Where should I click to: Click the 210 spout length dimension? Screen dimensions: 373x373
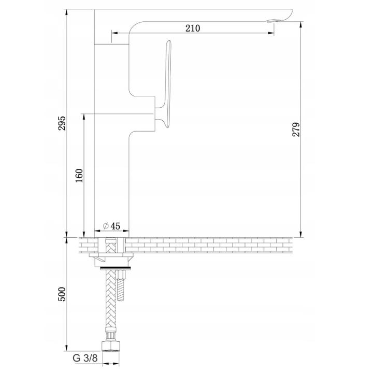click(x=193, y=28)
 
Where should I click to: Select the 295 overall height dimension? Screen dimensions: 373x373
click(x=62, y=123)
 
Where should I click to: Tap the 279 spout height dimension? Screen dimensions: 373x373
click(x=296, y=130)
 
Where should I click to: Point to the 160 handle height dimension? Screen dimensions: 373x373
click(x=79, y=175)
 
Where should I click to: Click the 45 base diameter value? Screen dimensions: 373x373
click(x=115, y=226)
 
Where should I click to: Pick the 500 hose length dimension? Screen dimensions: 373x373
click(x=62, y=294)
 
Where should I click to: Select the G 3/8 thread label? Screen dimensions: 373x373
click(x=85, y=358)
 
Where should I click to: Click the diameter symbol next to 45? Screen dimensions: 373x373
click(x=106, y=225)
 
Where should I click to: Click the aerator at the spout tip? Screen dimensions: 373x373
click(x=274, y=21)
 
